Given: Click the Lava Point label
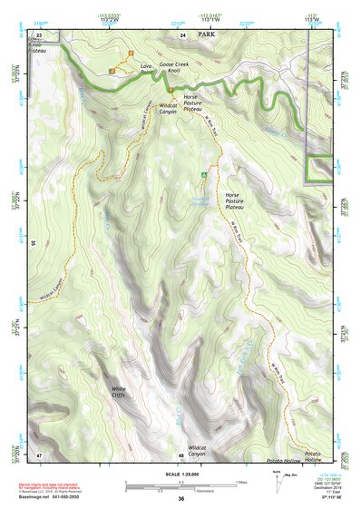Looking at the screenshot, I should (145, 70).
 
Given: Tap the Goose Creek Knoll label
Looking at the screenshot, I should (180, 68).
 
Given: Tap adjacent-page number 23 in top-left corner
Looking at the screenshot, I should (38, 34).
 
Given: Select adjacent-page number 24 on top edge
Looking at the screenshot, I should (183, 34).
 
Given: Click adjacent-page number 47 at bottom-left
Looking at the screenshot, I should (39, 453).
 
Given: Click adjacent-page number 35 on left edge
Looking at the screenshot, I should (32, 243).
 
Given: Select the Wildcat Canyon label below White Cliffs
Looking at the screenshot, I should (196, 450).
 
